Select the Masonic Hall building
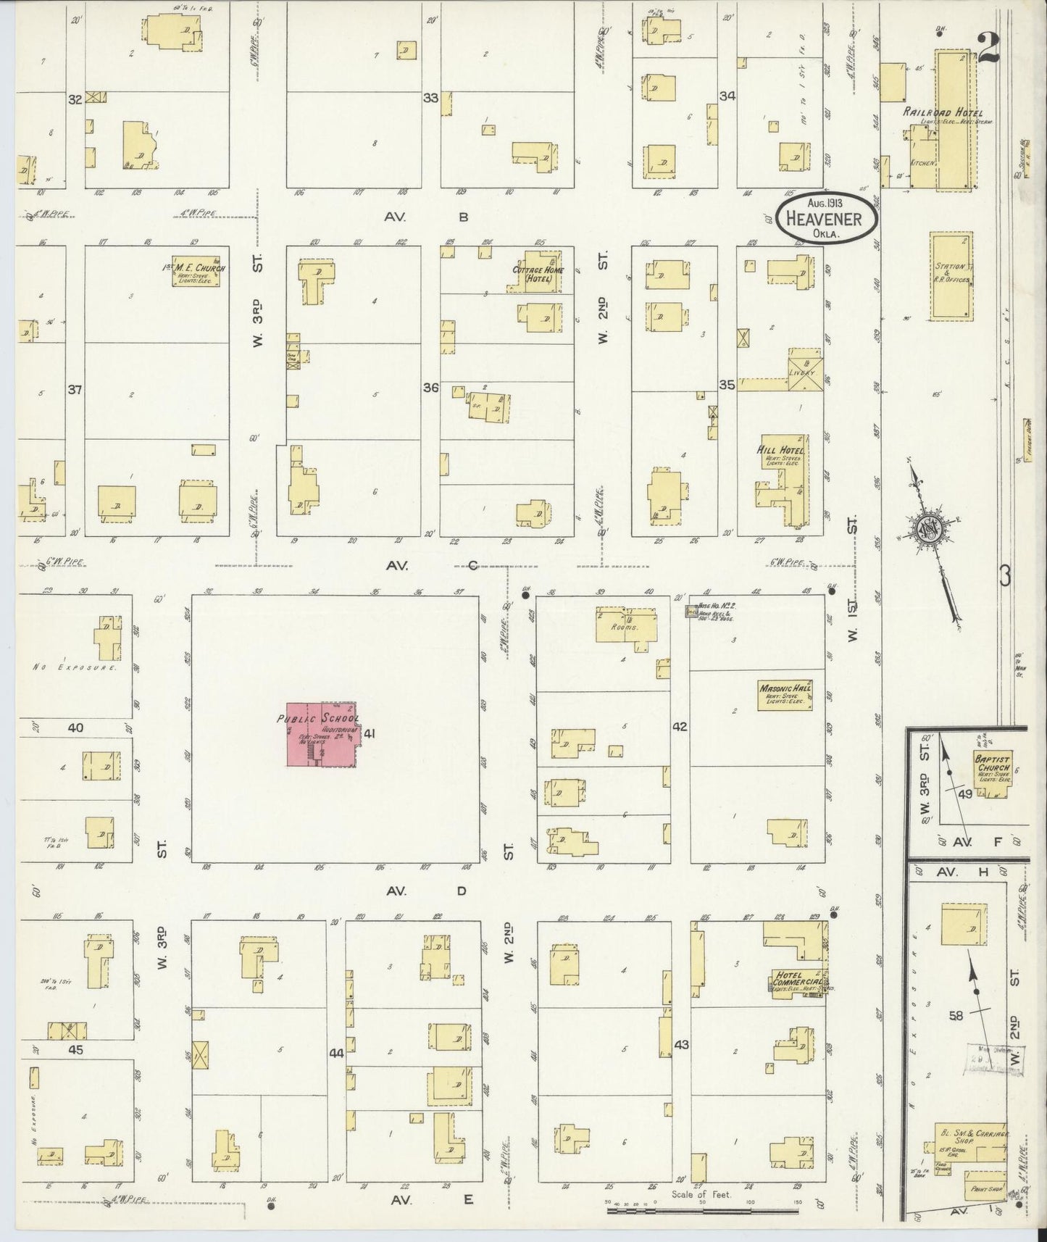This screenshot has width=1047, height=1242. pyautogui.click(x=785, y=695)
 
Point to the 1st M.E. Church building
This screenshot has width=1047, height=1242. pyautogui.click(x=195, y=270)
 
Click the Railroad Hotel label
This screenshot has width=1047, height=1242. pyautogui.click(x=942, y=113)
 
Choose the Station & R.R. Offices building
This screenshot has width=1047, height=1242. pyautogui.click(x=951, y=275)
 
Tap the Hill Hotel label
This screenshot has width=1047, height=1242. pyautogui.click(x=780, y=450)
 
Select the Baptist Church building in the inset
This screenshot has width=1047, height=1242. pyautogui.click(x=993, y=772)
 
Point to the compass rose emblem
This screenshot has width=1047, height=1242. pyautogui.click(x=927, y=527)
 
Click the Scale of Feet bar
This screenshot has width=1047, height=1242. pyautogui.click(x=701, y=1202)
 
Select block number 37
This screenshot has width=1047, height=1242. pyautogui.click(x=75, y=390)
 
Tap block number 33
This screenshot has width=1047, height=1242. pyautogui.click(x=430, y=97)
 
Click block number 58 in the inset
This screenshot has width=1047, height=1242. pyautogui.click(x=956, y=1016)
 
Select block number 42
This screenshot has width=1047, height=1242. pyautogui.click(x=679, y=726)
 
